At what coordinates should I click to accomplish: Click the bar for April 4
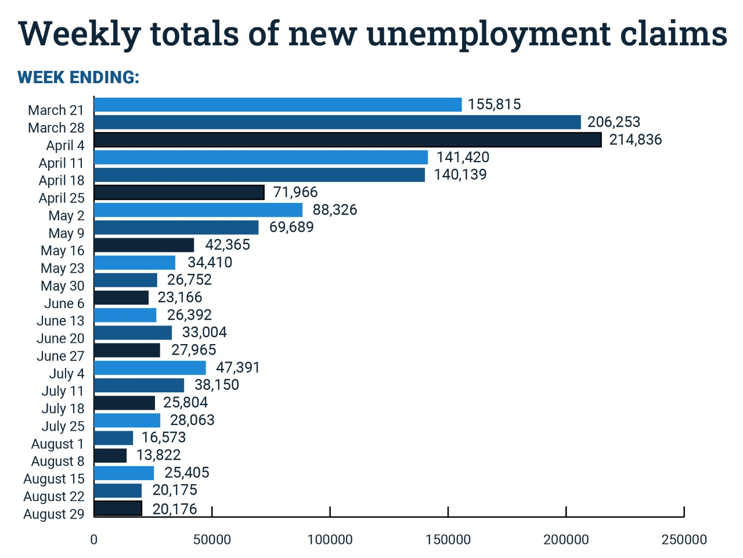[x=347, y=139]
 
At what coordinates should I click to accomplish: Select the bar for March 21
[x=277, y=105]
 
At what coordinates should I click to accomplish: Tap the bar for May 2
[x=198, y=210]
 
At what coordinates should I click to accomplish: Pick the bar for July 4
[x=150, y=368]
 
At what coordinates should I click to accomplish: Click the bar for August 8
[x=110, y=456]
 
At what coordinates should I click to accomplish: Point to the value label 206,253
[x=614, y=122]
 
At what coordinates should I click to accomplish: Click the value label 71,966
[x=295, y=192]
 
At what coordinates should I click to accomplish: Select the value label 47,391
[x=238, y=368]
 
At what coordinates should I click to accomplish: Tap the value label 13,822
[x=158, y=455]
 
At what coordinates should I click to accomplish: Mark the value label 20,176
[x=175, y=509]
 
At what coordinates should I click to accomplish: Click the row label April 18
[x=62, y=181]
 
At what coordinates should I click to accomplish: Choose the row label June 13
[x=60, y=321]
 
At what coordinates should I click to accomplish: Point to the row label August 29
[x=54, y=514]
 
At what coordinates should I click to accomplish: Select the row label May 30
[x=63, y=286]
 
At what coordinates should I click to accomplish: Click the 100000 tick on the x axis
[x=330, y=539]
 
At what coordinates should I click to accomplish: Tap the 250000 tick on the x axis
[x=684, y=539]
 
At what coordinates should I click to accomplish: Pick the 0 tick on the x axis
[x=94, y=539]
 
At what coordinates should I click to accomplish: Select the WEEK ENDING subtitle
[x=78, y=77]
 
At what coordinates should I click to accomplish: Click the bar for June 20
[x=133, y=333]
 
